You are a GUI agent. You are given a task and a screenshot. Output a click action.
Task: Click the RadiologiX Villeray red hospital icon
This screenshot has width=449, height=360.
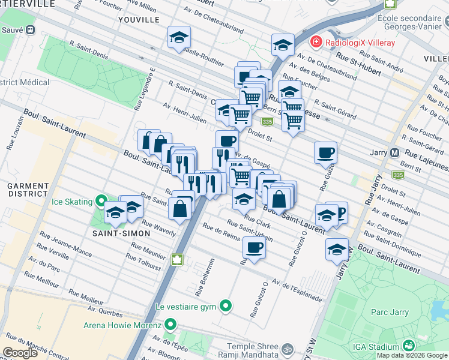315,42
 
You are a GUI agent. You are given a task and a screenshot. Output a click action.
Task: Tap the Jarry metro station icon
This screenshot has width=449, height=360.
394,152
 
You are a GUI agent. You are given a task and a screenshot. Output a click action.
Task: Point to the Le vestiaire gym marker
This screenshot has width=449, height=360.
226,306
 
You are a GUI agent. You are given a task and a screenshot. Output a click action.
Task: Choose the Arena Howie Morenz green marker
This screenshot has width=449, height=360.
170,325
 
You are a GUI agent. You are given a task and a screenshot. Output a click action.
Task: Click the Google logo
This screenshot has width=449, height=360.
21,352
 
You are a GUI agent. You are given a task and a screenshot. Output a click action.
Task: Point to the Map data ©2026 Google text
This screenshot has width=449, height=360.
412,355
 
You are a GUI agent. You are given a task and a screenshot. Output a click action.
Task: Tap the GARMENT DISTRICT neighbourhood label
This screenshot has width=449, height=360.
28,190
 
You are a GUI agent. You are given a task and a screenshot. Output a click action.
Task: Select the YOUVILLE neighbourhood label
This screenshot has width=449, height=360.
139,19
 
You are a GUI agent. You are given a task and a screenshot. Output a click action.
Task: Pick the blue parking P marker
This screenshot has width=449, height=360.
340,212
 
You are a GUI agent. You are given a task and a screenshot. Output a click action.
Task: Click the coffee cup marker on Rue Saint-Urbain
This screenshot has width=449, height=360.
254,247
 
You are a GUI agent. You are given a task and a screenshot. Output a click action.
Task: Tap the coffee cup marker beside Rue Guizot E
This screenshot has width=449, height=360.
325,152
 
